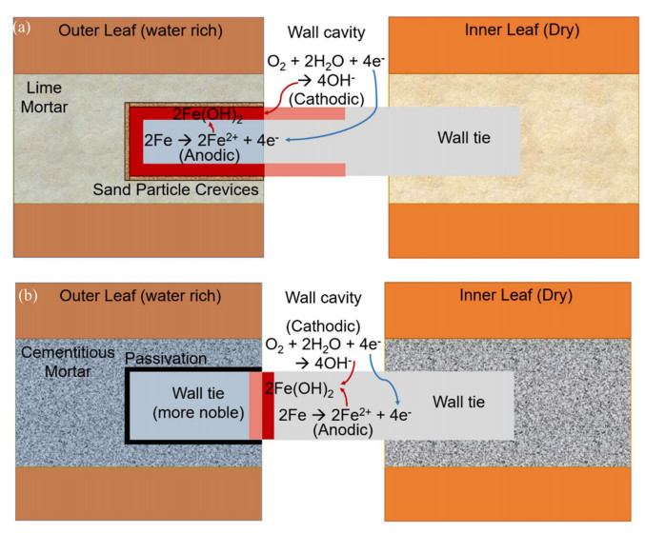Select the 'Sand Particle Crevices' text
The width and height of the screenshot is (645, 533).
point(176,189)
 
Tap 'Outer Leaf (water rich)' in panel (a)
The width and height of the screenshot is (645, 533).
point(140,30)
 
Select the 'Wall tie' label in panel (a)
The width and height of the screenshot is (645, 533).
point(463,138)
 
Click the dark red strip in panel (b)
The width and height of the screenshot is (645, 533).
point(268,406)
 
